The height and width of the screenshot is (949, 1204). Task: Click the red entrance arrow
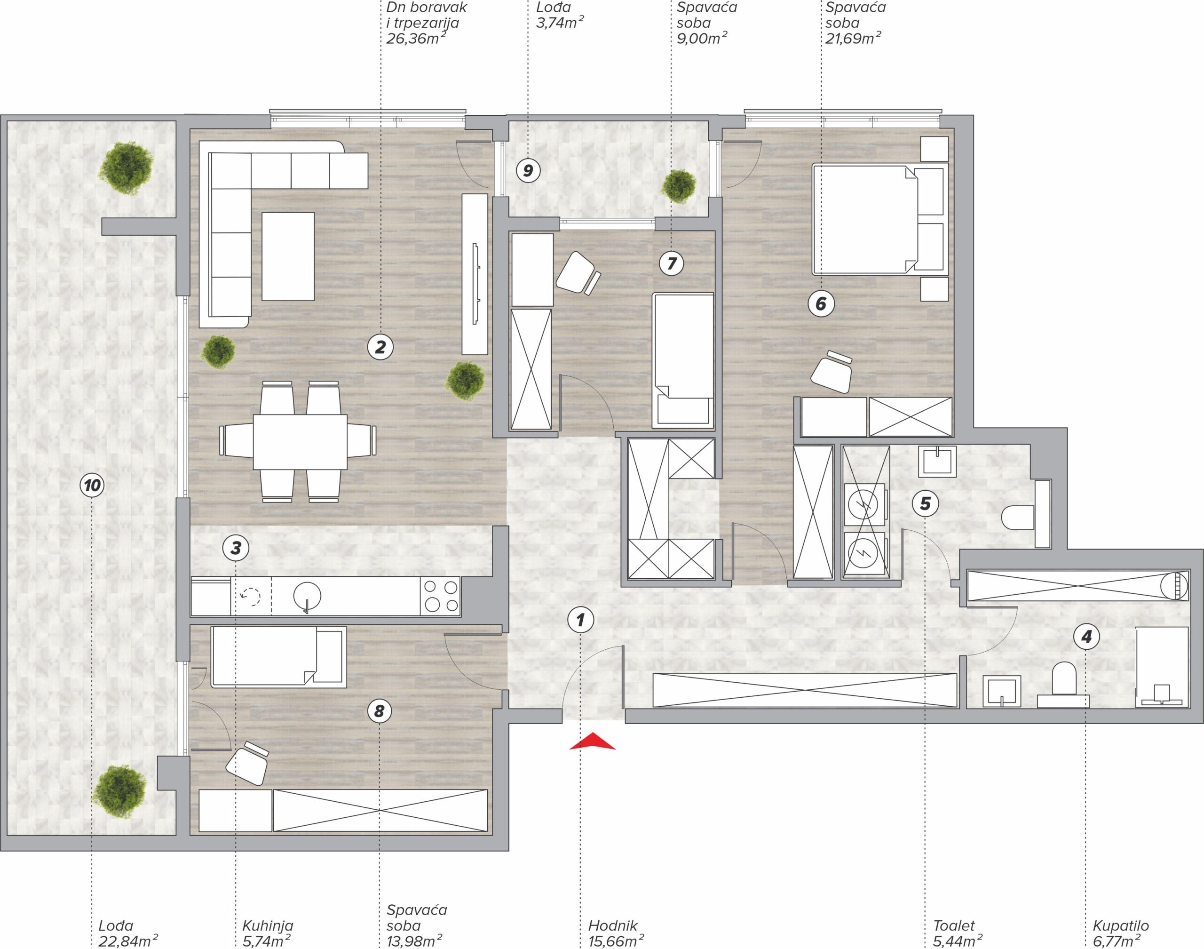coord(592,742)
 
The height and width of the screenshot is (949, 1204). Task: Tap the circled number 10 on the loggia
coord(92,486)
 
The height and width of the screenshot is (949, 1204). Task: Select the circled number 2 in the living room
coord(380,347)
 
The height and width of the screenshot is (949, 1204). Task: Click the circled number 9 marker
coord(528,170)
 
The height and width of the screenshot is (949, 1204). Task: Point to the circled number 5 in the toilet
coord(925,503)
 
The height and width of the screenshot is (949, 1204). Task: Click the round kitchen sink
coord(307,596)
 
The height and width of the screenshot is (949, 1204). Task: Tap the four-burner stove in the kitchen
coord(442,596)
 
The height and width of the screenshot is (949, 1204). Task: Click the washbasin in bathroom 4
coord(1002,691)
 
